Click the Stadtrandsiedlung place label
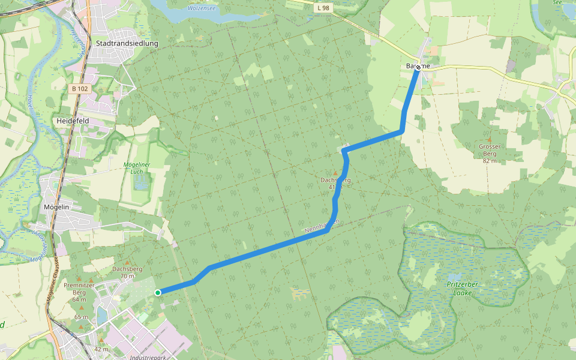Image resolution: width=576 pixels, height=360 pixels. (x=127, y=43)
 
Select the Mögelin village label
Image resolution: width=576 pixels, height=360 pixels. (x=58, y=207)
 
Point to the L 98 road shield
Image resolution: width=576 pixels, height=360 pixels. (x=323, y=7)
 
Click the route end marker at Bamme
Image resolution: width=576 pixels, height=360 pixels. (x=418, y=67)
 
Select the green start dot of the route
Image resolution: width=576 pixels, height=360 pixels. (x=157, y=292)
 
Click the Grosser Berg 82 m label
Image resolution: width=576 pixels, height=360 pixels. (x=490, y=153)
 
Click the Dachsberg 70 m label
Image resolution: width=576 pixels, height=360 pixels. (x=127, y=272)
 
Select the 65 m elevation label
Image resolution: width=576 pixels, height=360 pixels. (x=81, y=317)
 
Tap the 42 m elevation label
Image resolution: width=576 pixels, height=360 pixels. (x=101, y=349)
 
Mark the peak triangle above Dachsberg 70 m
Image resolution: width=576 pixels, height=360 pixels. (x=127, y=263)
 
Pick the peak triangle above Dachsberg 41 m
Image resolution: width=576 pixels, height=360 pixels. (x=335, y=173)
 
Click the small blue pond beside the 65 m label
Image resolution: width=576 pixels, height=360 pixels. (x=101, y=315)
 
